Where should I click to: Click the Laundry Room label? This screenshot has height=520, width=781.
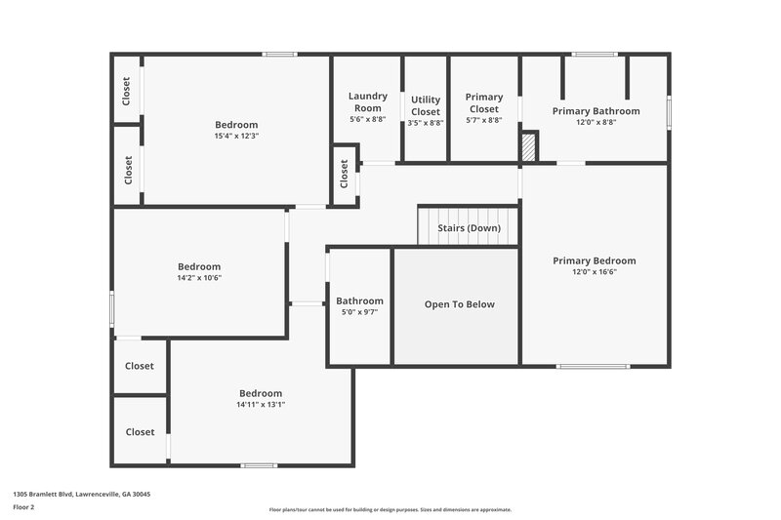[368, 101]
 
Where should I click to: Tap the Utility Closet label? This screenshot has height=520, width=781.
[426, 105]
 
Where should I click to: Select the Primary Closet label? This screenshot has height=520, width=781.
[484, 102]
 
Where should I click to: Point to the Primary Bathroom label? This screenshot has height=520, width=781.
[596, 111]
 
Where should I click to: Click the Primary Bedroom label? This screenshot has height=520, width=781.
[594, 260]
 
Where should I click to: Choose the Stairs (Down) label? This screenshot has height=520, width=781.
[469, 228]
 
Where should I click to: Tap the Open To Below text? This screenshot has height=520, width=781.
[459, 304]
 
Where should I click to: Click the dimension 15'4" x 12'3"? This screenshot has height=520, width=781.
[236, 136]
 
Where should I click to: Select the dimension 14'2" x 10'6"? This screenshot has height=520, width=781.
[199, 277]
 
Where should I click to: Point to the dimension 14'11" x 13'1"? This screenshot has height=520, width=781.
[261, 404]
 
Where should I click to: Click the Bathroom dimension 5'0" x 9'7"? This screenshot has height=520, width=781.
[359, 312]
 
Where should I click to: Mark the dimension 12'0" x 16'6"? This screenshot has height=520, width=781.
[594, 272]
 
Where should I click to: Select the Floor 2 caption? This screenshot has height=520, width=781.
[23, 508]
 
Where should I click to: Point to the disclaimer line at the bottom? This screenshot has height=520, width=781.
[390, 509]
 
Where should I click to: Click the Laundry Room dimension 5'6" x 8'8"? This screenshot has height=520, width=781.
[368, 119]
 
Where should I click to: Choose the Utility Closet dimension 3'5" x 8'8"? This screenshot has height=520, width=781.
[426, 123]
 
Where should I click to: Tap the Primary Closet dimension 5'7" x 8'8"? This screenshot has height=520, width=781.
[484, 120]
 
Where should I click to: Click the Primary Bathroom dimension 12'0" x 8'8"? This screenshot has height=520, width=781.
[596, 123]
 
